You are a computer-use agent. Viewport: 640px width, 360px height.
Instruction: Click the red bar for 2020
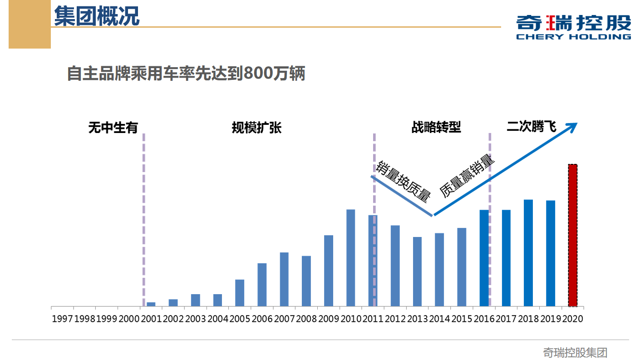[x=572, y=235]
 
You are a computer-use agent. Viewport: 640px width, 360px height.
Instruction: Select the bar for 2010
[x=350, y=258]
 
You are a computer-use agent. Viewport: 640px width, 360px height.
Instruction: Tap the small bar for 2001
[x=151, y=304]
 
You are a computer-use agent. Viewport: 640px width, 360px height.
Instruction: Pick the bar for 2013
[x=417, y=271]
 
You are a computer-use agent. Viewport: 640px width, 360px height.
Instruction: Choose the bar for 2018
[x=528, y=253]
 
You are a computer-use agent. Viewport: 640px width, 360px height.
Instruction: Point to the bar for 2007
[x=284, y=279]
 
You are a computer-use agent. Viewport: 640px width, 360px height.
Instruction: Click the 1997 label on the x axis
[x=62, y=319]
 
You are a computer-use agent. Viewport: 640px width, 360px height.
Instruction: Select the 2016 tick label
[x=484, y=319]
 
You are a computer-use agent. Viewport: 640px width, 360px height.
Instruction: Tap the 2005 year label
[x=240, y=319]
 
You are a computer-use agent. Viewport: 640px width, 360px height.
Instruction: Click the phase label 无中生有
[x=113, y=128]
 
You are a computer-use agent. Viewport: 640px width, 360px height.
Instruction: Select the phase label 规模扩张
[x=256, y=128]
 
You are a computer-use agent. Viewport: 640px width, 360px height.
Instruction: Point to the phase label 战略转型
[x=436, y=128]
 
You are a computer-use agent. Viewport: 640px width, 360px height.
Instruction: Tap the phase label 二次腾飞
[x=531, y=127]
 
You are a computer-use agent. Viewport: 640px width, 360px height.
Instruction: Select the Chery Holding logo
[x=573, y=27]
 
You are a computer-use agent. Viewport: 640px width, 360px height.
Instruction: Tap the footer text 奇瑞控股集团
[x=575, y=352]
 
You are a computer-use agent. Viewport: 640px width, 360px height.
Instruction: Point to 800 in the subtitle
[x=258, y=74]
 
